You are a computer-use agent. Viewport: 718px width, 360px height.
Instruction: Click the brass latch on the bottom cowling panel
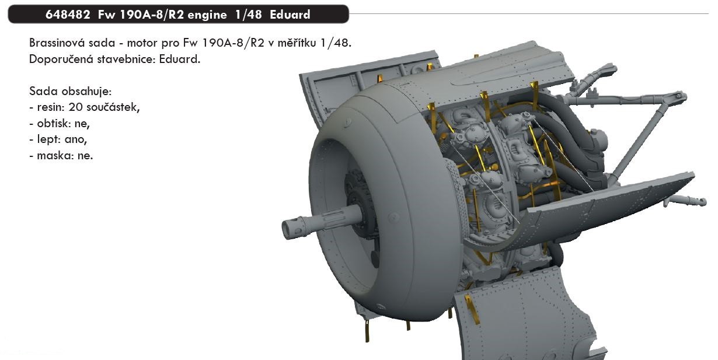471,309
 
